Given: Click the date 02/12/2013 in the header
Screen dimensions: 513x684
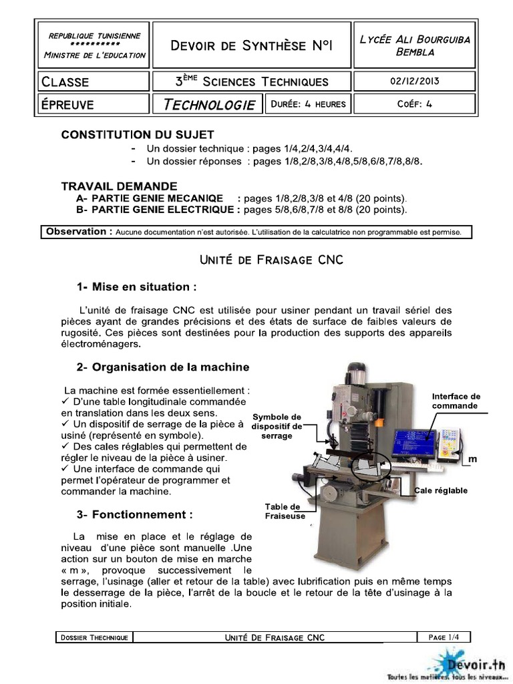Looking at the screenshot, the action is coord(414,81).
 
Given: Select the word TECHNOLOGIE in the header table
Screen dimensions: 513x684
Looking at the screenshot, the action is coord(209,105).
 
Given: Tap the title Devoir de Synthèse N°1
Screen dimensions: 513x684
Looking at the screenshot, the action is coord(252,45).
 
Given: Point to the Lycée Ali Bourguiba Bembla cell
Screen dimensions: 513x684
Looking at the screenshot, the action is coord(415,45).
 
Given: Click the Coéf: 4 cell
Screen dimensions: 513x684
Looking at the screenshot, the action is coord(414,104).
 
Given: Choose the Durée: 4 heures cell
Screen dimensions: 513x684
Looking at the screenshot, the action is coord(308,104).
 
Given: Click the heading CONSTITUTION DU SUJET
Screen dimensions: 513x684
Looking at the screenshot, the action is coord(138,135).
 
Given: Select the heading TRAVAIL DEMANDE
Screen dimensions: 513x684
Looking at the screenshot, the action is coord(119,186).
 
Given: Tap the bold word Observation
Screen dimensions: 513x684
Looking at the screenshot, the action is coord(76,232).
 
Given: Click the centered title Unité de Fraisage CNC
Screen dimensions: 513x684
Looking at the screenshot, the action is coord(271,260).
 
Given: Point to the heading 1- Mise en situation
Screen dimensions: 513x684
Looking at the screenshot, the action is coord(136,287).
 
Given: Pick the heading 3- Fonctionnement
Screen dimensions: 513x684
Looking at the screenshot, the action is coord(135,515).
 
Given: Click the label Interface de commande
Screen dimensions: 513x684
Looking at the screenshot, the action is coord(456,401).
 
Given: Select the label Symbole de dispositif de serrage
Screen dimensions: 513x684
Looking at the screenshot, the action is coord(277,426).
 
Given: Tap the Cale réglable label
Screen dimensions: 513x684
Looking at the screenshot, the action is coord(441,490).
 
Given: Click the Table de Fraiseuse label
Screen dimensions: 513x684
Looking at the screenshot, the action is coord(285,511).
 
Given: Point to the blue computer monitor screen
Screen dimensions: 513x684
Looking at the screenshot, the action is coord(415,443).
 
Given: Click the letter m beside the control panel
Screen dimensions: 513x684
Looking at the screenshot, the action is coord(472,459).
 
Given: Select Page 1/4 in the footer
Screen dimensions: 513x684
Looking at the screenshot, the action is coord(444,637).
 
